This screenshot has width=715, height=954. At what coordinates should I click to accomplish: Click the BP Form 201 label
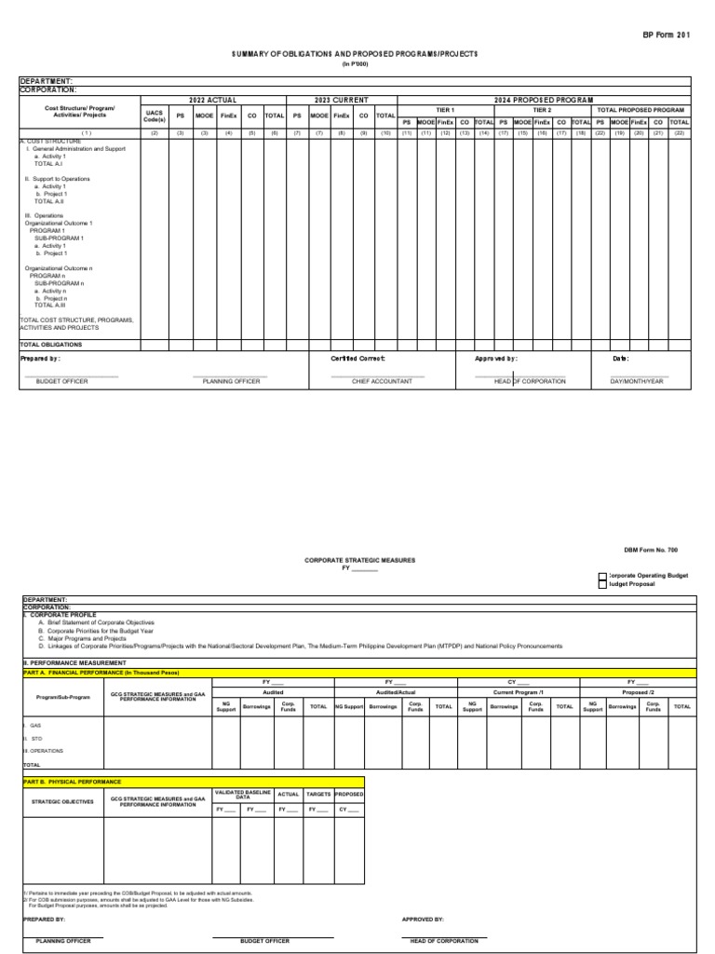click(668, 32)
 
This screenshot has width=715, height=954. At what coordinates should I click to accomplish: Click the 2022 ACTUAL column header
click(213, 100)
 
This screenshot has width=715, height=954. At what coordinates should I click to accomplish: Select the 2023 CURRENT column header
click(342, 100)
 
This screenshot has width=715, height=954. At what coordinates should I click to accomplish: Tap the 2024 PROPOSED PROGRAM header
click(544, 100)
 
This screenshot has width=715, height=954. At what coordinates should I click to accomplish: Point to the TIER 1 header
click(446, 110)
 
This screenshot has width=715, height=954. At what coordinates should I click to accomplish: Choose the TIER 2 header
click(543, 110)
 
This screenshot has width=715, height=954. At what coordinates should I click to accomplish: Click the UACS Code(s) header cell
click(155, 115)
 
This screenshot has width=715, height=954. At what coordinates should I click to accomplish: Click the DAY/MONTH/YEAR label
click(638, 382)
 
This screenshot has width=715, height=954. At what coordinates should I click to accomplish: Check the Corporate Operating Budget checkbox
click(601, 577)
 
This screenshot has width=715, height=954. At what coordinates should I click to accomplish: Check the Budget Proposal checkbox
click(601, 585)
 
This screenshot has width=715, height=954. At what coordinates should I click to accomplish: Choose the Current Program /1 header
click(519, 692)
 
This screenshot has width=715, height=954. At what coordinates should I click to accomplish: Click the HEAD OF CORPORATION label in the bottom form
click(444, 941)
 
